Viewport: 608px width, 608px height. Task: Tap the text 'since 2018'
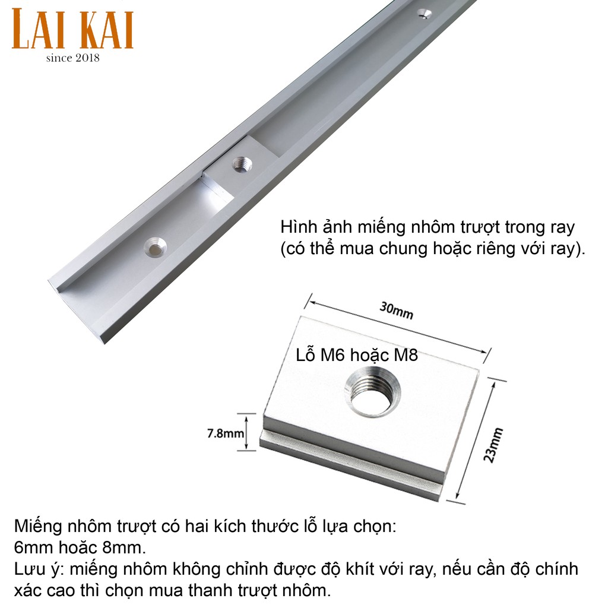point(73,58)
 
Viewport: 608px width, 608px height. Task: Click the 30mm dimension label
point(396,310)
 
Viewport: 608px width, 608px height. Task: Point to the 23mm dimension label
point(493,445)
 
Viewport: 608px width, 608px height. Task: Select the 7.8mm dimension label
point(226,433)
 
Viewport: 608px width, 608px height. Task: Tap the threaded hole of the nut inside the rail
point(242,164)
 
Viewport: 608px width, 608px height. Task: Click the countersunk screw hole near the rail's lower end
point(155,247)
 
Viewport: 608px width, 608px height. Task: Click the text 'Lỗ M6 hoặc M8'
point(357,355)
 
